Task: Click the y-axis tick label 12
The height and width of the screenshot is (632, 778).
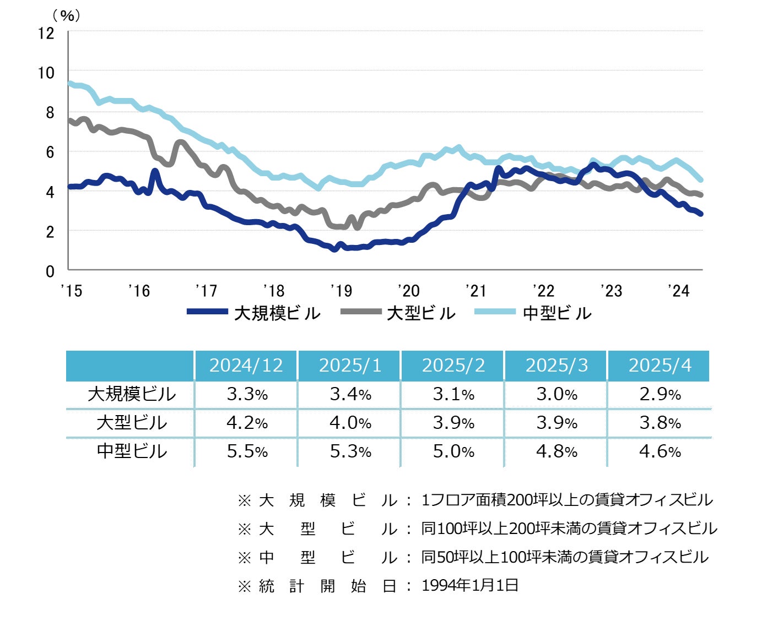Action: pyautogui.click(x=46, y=33)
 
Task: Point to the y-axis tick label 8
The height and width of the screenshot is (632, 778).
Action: pyautogui.click(x=50, y=112)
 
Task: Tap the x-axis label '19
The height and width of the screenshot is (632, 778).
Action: pyautogui.click(x=341, y=291)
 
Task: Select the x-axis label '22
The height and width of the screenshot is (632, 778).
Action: pyautogui.click(x=543, y=291)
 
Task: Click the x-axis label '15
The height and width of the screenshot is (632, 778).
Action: pyautogui.click(x=71, y=291)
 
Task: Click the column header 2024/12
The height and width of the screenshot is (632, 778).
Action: pyautogui.click(x=246, y=366)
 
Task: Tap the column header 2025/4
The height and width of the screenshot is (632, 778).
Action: pyautogui.click(x=660, y=366)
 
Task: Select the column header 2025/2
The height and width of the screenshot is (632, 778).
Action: pyautogui.click(x=453, y=366)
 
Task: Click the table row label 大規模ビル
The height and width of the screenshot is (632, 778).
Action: pyautogui.click(x=132, y=394)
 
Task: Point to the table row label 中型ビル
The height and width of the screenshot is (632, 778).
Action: pyautogui.click(x=132, y=451)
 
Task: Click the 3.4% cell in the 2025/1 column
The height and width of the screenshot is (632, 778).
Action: pyautogui.click(x=350, y=394)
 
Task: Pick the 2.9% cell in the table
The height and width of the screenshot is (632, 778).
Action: pyautogui.click(x=660, y=394)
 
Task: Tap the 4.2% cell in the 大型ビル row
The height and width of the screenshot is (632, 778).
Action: pyautogui.click(x=246, y=423)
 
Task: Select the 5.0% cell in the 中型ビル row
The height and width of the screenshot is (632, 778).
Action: pyautogui.click(x=453, y=451)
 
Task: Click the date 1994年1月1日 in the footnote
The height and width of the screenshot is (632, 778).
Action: pyautogui.click(x=470, y=585)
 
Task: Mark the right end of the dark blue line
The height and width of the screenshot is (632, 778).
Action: pyautogui.click(x=700, y=214)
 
